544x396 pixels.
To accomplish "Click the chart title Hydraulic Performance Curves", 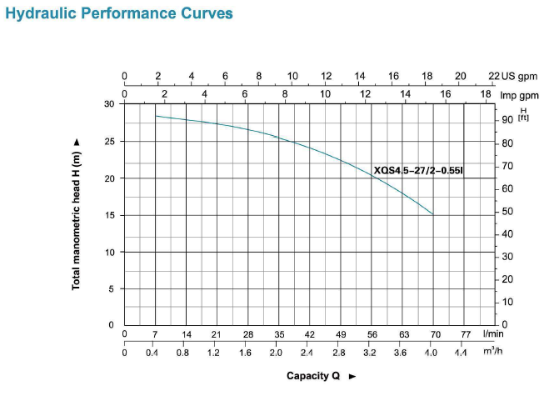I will [x=118, y=14].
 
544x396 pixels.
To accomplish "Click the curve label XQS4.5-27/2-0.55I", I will [x=418, y=171].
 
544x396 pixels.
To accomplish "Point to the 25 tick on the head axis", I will [x=110, y=141].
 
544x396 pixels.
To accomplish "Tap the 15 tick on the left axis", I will [x=110, y=215].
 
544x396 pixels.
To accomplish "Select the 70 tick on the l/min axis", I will [x=434, y=333].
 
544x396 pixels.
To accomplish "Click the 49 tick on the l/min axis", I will [x=341, y=333].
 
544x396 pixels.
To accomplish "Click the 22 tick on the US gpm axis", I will [x=493, y=76].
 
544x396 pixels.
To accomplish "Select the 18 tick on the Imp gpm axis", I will [x=486, y=94].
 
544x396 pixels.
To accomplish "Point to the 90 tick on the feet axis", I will [x=509, y=120].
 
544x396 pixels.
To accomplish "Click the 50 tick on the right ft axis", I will [x=509, y=211].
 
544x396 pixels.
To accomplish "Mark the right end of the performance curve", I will [x=433, y=214].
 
